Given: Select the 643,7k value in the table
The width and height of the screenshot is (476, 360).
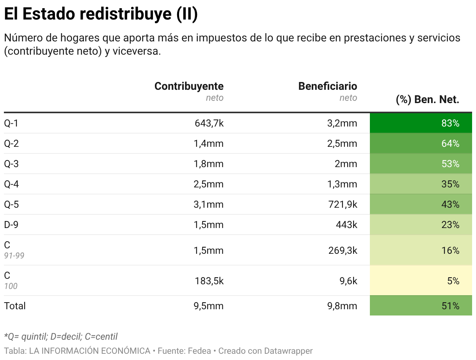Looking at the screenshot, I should point(209,123).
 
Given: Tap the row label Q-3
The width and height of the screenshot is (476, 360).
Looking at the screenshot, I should point(11,164).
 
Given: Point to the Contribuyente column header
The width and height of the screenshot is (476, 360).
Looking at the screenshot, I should point(189,86).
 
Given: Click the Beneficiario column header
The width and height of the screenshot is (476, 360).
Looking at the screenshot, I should point(327,86).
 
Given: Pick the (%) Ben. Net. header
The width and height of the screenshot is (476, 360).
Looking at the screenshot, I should point(427,100).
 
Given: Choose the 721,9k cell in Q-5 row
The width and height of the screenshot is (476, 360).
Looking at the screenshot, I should point(342,205).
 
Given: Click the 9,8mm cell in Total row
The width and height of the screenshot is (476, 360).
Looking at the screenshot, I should point(342,306).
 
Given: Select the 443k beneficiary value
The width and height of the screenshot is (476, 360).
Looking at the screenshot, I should point(346,225).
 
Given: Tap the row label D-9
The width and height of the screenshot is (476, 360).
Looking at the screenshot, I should point(11,225).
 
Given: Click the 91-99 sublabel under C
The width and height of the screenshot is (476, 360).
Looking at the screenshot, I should point(14,256).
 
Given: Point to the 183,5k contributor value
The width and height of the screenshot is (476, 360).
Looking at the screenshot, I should point(209,281).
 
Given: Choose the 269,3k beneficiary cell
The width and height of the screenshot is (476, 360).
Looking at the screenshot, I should point(342,250).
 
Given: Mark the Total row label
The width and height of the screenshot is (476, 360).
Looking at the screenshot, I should point(15,306).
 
